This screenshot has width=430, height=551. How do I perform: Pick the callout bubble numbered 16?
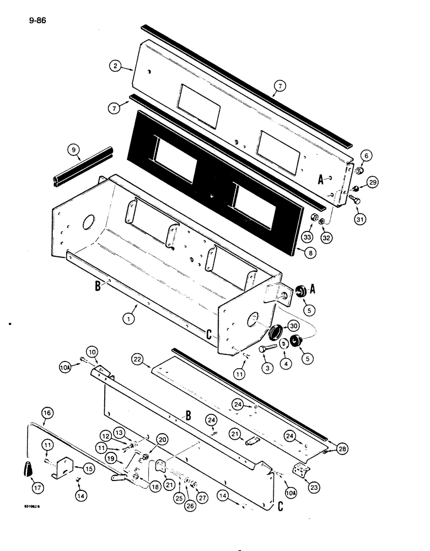click(x=48, y=412)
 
